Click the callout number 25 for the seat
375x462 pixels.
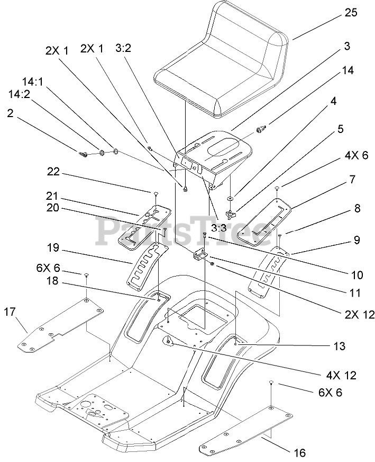click(350, 13)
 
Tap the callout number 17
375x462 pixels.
click(10, 311)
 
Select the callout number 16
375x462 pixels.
click(299, 452)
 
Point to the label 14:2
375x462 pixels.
click(19, 94)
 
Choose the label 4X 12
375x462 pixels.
click(341, 375)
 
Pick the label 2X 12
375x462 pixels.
click(360, 315)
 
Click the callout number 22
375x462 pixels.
click(53, 172)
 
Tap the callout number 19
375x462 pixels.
click(53, 248)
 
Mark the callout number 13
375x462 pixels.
click(340, 346)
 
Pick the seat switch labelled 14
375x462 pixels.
click(261, 129)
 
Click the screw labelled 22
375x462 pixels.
click(156, 193)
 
